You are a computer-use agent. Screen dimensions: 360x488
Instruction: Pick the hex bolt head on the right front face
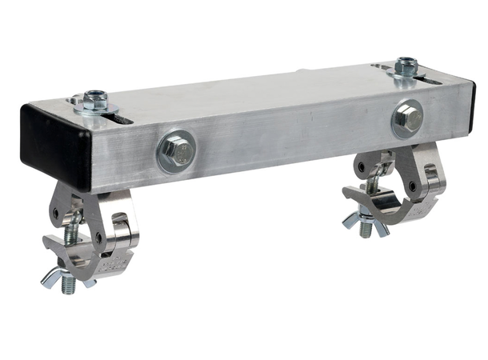point(408,118)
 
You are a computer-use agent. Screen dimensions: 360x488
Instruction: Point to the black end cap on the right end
point(472,104)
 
